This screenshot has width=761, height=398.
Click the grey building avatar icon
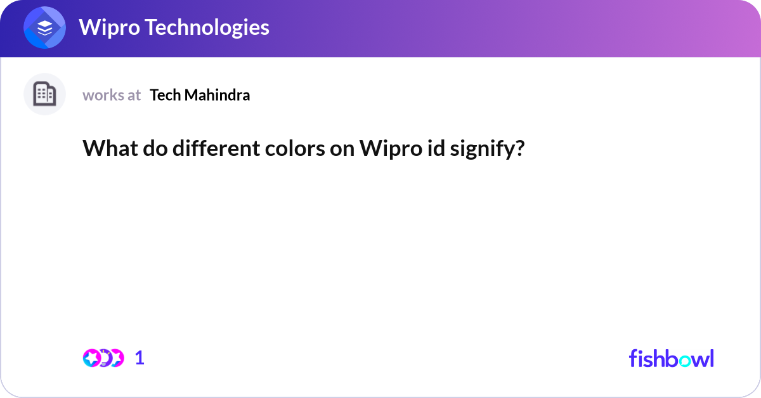click(44, 94)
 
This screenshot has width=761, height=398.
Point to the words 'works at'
click(112, 95)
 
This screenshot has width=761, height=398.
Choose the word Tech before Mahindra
click(164, 95)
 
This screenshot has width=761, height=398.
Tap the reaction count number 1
click(140, 358)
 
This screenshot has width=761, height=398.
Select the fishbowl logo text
click(671, 358)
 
